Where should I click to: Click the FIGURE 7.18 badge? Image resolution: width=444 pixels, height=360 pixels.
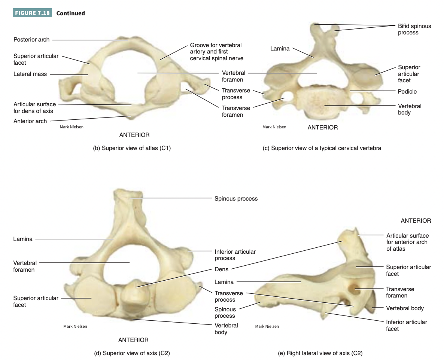tap(33, 13)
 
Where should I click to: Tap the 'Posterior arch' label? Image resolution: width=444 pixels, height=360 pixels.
tap(31, 39)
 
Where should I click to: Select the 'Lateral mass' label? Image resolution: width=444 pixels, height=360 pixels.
tap(30, 74)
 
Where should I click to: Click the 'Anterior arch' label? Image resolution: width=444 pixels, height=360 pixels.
tap(30, 121)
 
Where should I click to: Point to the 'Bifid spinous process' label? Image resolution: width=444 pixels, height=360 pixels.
tap(414, 29)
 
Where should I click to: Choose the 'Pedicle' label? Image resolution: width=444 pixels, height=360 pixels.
tap(407, 91)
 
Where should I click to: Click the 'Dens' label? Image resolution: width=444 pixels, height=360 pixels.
tap(221, 269)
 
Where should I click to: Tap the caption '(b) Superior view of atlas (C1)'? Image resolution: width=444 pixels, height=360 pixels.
tap(132, 148)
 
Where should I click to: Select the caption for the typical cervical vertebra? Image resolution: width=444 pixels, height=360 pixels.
tap(322, 148)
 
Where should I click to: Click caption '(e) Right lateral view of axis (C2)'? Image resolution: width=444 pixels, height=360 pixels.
tap(320, 353)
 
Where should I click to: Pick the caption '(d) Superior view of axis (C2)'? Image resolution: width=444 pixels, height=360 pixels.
tap(133, 353)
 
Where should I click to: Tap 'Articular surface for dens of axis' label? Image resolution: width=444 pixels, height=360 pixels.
tap(34, 107)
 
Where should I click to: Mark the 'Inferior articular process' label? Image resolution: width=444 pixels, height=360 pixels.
tap(235, 255)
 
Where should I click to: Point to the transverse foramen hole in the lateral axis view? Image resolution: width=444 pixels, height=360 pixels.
tap(353, 289)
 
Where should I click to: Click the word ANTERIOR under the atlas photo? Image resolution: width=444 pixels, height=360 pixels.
tap(134, 135)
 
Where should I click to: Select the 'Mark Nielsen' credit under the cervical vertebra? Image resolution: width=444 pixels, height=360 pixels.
tap(274, 127)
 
